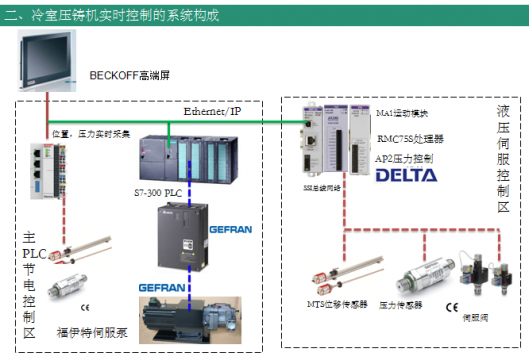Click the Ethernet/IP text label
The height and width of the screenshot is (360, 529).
[213, 113]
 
